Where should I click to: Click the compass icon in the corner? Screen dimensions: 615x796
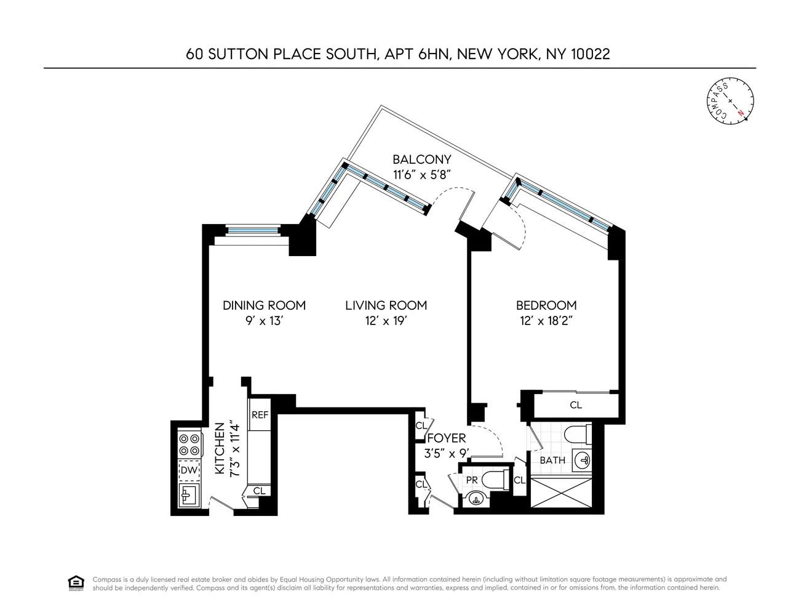pos(730,100)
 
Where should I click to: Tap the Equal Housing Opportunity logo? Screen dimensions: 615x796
pos(76,583)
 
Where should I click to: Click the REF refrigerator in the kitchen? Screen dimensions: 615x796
pos(260,415)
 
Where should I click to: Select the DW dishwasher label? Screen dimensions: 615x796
pos(189,470)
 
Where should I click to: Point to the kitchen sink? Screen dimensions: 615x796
pos(188,494)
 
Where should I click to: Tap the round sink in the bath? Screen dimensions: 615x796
pos(581,459)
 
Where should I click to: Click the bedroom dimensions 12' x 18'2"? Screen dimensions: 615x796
pos(546,321)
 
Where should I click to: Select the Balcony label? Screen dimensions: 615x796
pos(421,159)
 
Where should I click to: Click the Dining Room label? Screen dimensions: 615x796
pos(264,305)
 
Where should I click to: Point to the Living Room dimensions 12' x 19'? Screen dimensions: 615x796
pos(386,321)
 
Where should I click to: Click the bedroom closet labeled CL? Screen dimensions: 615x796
pos(575,405)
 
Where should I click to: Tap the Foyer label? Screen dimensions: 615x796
pos(447,438)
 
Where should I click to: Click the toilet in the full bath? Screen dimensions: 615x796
pos(576,433)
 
